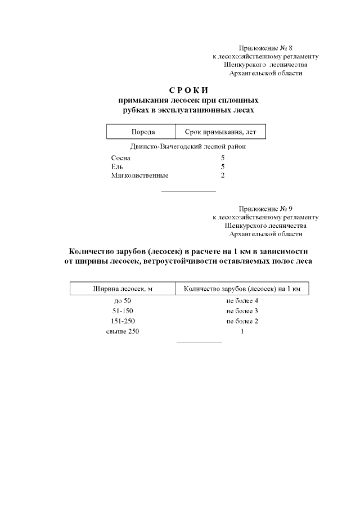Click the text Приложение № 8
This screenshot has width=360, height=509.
click(265, 48)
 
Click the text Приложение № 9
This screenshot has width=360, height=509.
click(265, 208)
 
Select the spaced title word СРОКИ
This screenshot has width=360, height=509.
click(188, 91)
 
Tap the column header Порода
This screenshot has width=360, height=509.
click(143, 132)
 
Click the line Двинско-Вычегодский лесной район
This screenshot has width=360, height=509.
click(188, 147)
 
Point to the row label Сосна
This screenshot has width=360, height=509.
click(121, 159)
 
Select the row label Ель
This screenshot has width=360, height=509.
click(117, 167)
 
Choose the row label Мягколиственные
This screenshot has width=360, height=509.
click(139, 175)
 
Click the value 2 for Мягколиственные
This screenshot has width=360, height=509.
click(223, 175)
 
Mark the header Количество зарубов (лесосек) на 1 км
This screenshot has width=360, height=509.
click(242, 289)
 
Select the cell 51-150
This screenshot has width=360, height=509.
click(123, 311)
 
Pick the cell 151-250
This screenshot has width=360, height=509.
click(123, 321)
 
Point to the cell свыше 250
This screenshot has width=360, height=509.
click(123, 332)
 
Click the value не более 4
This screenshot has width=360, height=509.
click(242, 301)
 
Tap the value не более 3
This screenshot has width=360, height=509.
click(242, 311)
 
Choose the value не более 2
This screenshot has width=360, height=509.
click(242, 321)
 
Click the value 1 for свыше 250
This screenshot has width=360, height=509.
click(242, 332)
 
